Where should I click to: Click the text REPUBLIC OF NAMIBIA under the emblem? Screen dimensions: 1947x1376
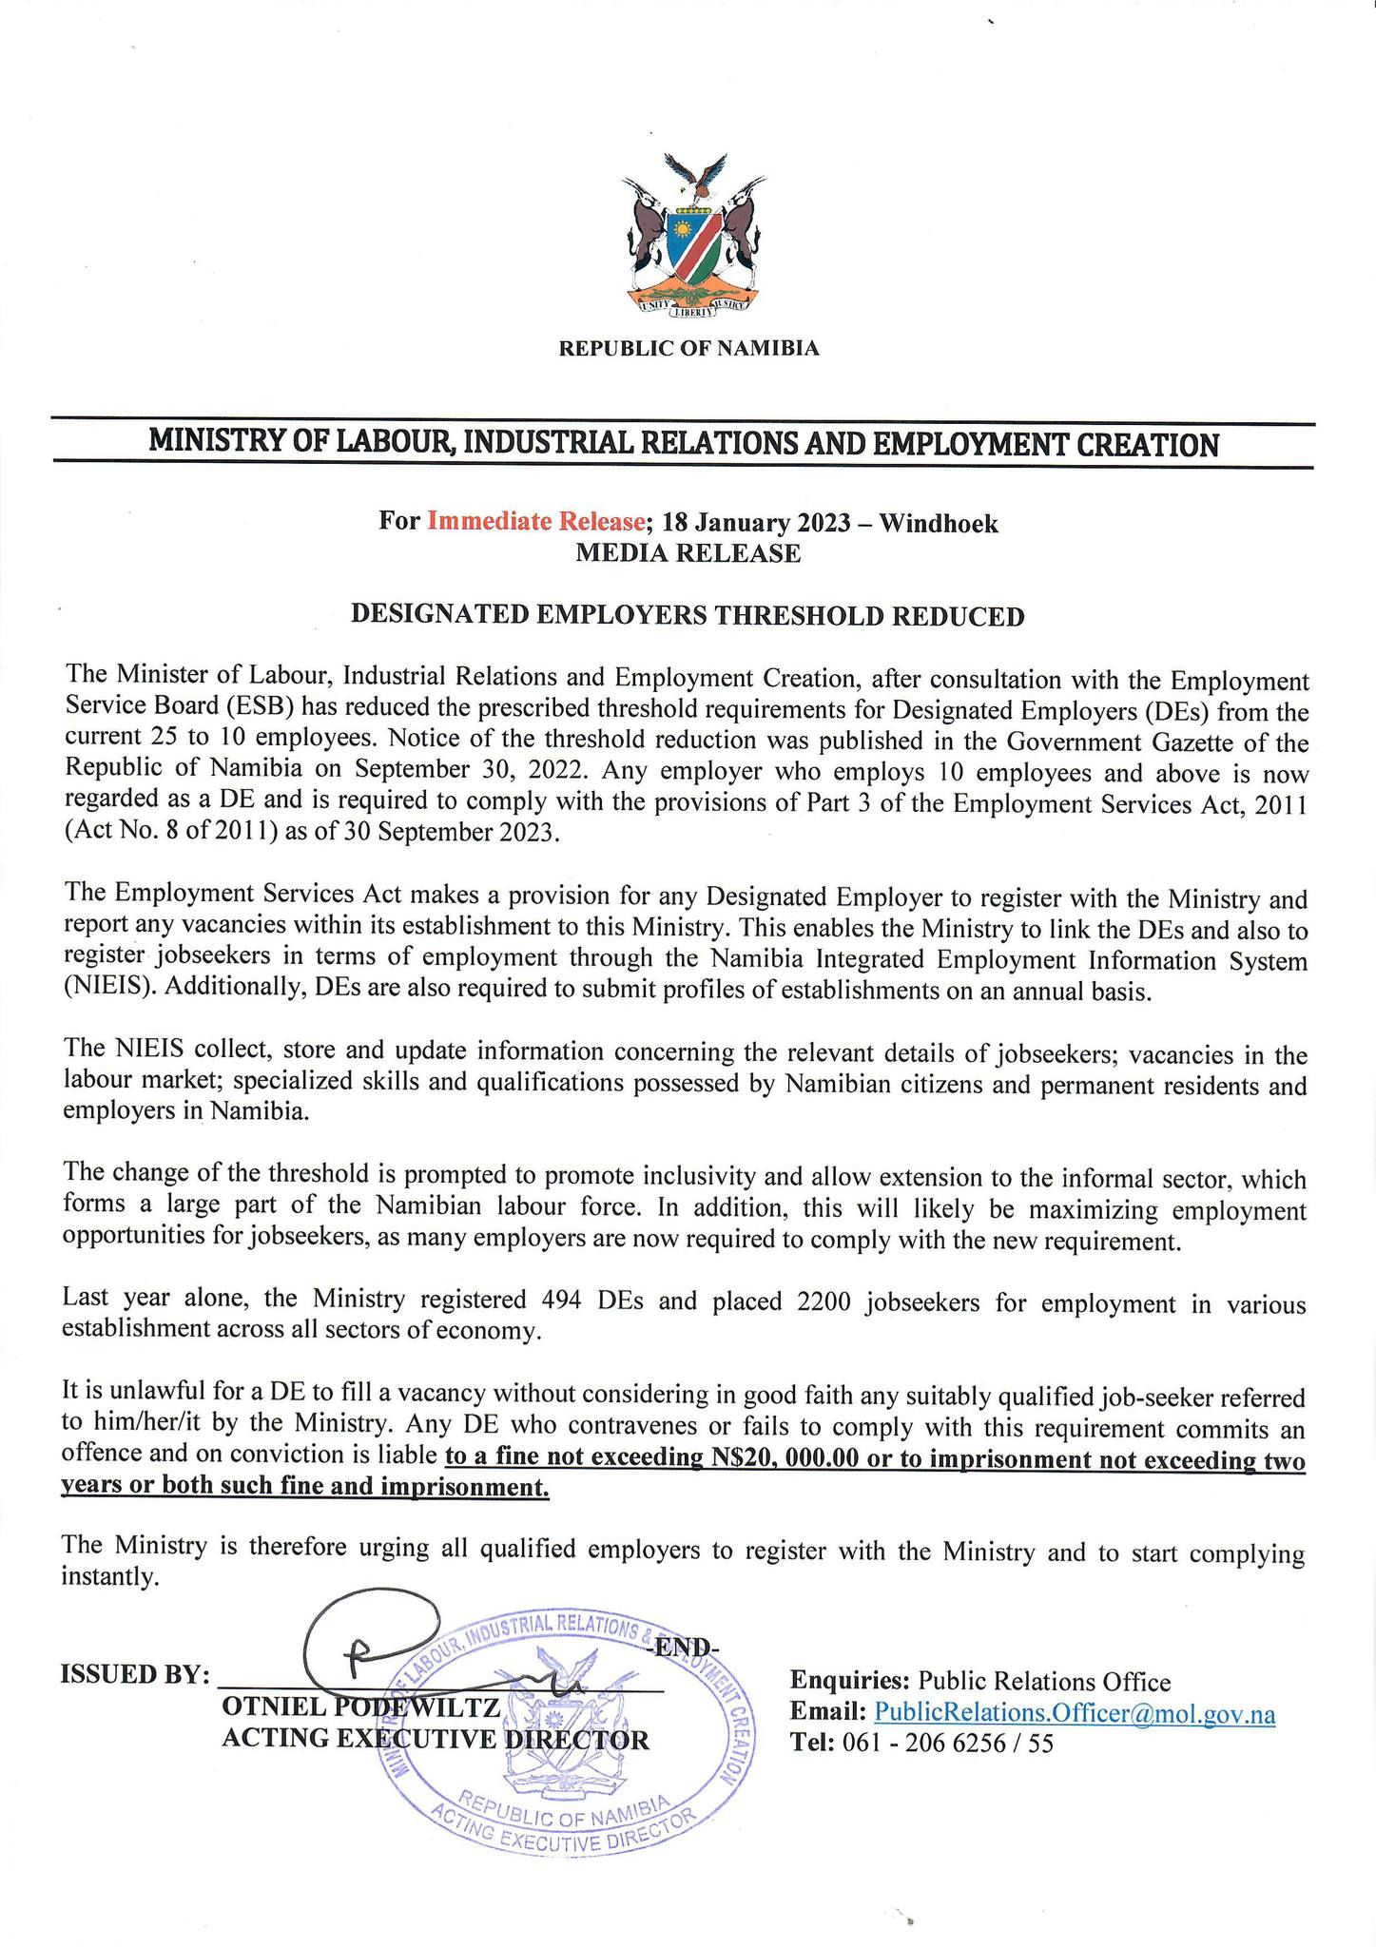[688, 349]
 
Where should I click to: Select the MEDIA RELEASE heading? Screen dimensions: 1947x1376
[688, 553]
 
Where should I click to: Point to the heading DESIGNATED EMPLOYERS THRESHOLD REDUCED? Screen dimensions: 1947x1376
[688, 616]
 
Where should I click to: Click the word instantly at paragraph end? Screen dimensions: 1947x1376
[105, 1578]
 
